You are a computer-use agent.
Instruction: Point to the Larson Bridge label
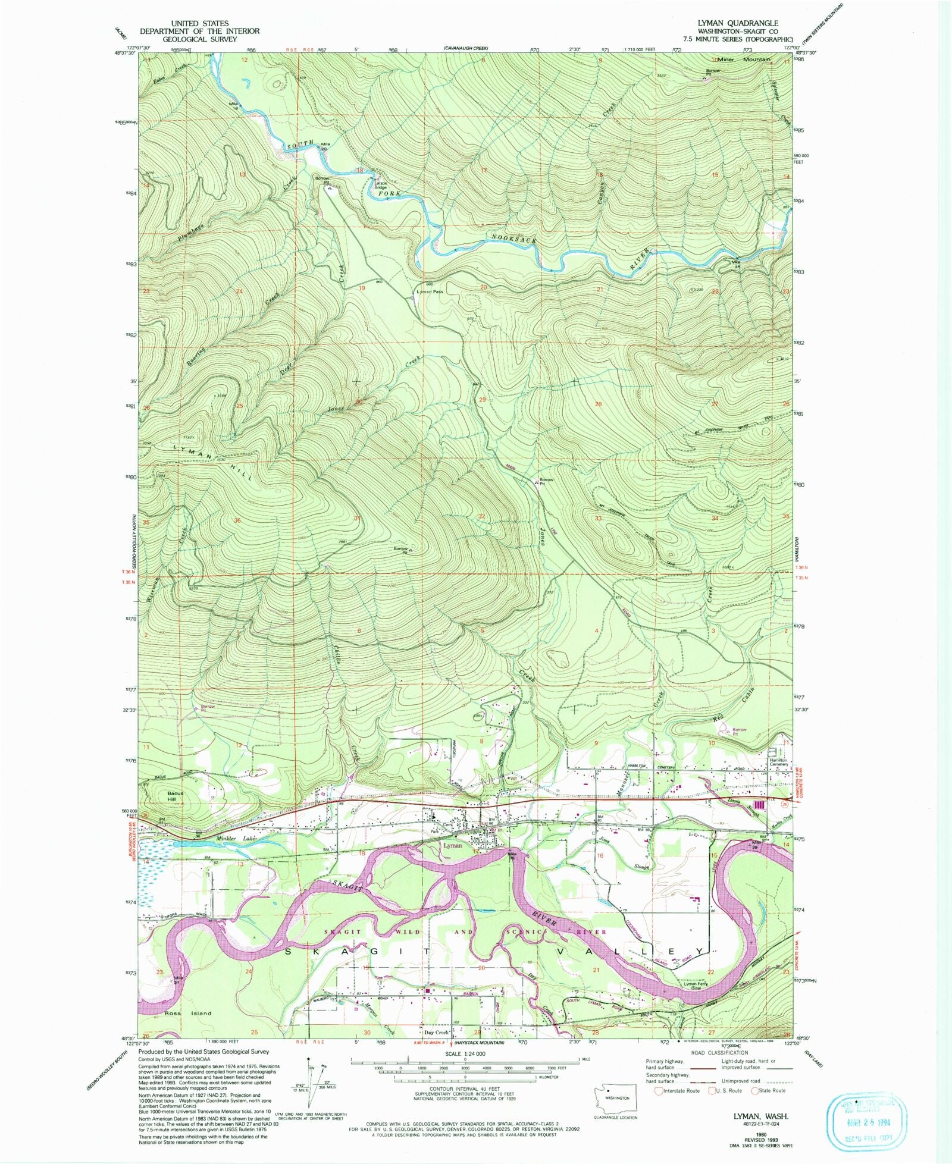click(x=381, y=185)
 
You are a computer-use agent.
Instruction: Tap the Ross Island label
click(x=188, y=1013)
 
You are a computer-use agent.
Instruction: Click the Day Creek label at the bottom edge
click(x=436, y=1033)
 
